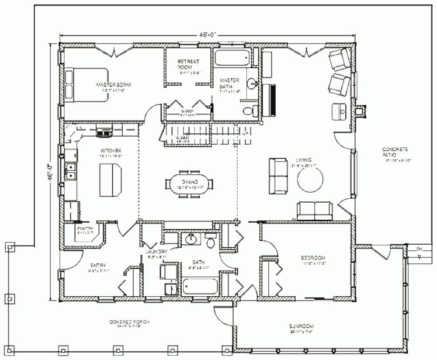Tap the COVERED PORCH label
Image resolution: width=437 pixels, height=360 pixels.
[x=130, y=322]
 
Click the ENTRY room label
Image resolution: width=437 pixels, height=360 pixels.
[x=96, y=265]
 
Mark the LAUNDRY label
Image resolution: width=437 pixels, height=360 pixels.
[x=156, y=252]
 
